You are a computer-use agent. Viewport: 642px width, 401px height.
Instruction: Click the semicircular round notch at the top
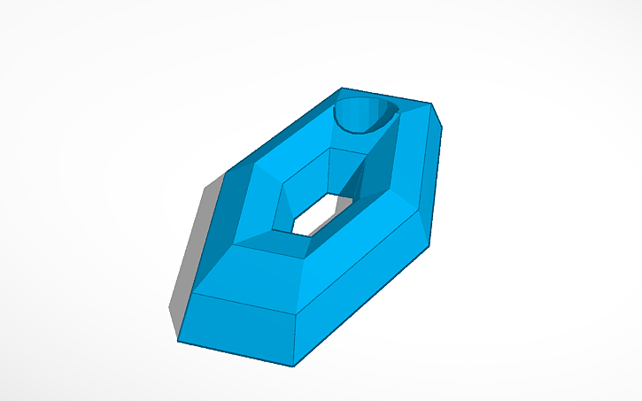(x=363, y=114)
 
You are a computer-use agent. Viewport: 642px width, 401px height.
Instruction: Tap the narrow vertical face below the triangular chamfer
(x=431, y=177)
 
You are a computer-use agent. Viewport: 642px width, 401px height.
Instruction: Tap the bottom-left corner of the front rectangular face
(x=179, y=340)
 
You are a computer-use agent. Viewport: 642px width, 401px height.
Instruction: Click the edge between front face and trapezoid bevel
(x=244, y=303)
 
